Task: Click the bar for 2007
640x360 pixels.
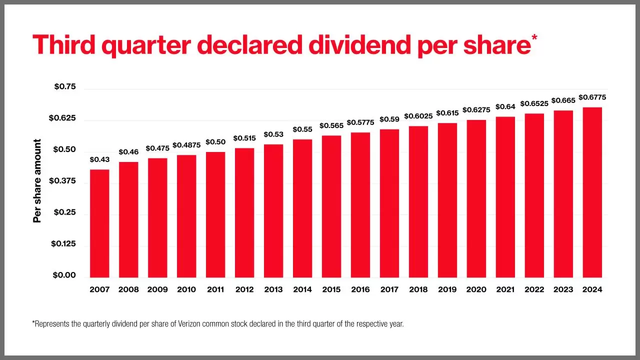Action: coord(99,223)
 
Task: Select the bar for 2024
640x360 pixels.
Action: coord(592,192)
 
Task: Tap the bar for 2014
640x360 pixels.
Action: coord(302,208)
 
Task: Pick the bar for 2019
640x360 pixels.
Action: coord(447,200)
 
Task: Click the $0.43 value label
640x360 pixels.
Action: coord(99,160)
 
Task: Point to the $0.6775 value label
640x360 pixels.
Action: coord(592,97)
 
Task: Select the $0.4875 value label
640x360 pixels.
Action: coord(186,145)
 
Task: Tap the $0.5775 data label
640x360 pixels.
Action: coord(360,122)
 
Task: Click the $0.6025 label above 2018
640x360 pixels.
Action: coord(418,116)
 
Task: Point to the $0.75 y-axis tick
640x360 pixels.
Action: coord(65,87)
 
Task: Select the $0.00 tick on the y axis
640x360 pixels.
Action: coord(64,275)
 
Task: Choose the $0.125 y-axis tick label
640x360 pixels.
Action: coord(63,244)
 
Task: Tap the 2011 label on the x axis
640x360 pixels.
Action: coord(215,289)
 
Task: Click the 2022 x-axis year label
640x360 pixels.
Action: coord(534,289)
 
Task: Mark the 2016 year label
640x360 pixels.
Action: coord(360,289)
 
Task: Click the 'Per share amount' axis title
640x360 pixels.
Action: coord(37,181)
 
